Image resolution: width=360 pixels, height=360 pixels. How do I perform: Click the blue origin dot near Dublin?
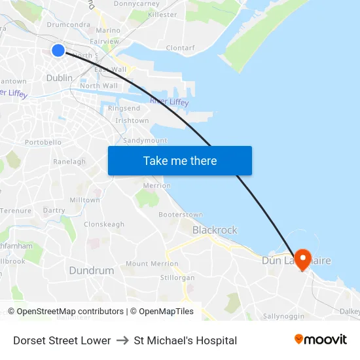click(58, 50)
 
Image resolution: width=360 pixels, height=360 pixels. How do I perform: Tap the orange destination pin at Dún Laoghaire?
click(302, 259)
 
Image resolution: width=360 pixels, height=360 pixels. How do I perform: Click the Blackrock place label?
click(215, 230)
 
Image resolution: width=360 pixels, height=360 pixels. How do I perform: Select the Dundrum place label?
click(91, 270)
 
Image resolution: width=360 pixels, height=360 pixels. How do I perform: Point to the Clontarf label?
click(180, 48)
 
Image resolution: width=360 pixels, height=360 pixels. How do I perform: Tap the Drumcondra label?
click(68, 25)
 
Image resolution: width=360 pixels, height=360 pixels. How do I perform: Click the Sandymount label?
click(145, 141)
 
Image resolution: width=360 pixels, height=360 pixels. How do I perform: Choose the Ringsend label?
click(124, 108)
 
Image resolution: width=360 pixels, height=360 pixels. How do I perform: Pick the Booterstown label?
click(181, 215)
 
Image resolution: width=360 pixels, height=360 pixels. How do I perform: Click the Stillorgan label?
click(177, 278)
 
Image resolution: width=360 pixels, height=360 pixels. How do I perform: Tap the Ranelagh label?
click(69, 162)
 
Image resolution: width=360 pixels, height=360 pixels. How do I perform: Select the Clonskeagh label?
click(104, 225)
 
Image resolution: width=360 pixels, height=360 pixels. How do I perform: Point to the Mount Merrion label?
click(152, 264)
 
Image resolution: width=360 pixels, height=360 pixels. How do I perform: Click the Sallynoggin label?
click(283, 316)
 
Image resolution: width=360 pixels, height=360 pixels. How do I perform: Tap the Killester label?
click(162, 14)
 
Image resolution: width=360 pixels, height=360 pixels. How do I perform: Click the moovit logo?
click(321, 340)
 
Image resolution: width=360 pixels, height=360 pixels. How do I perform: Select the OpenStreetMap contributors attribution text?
click(65, 312)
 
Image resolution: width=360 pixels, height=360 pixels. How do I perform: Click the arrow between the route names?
click(122, 340)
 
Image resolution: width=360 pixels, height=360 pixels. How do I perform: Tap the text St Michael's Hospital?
click(185, 340)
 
